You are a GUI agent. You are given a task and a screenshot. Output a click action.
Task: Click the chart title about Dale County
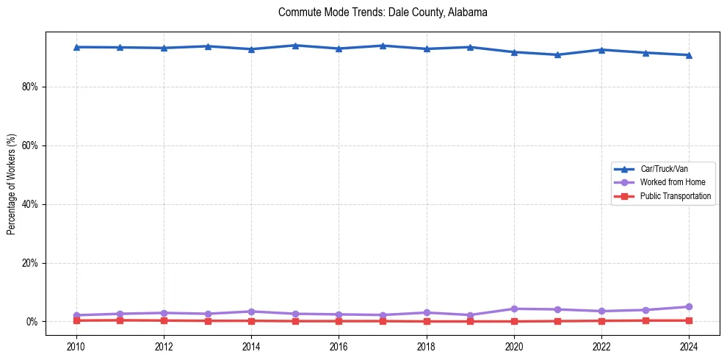point(383,12)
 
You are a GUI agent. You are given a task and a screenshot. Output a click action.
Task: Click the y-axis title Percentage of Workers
point(12,184)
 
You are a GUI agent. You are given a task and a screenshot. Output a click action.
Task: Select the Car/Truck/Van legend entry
point(664,169)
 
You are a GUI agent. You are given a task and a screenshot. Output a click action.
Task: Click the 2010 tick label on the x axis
point(76,346)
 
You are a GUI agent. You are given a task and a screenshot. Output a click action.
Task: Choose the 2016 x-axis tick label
point(339,346)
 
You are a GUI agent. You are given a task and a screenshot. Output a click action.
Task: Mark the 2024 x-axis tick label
point(689,346)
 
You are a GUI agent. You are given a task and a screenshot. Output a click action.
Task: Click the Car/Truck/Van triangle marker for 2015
point(295,46)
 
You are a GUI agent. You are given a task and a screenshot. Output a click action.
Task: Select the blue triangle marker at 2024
point(689,55)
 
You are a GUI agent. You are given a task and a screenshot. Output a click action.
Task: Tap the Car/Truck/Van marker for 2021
point(557,54)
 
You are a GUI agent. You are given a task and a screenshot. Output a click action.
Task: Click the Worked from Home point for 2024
point(689,306)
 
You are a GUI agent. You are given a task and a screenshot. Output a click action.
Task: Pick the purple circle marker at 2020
point(514,309)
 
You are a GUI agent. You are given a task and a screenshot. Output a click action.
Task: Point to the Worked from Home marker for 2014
point(251,312)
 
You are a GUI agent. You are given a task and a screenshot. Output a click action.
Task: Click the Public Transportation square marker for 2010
point(76,320)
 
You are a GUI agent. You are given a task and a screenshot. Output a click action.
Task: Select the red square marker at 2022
point(601,320)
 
